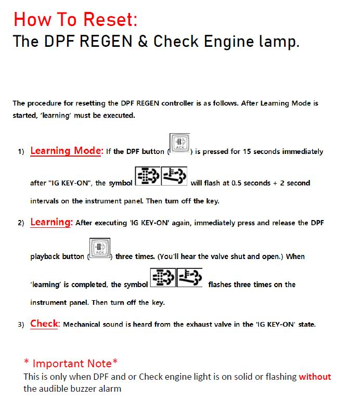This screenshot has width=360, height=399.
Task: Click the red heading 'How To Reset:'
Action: click(75, 19)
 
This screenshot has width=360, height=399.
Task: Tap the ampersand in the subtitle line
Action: click(143, 42)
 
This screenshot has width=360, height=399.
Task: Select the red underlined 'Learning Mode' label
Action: click(66, 151)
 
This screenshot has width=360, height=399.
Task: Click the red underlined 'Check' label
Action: click(45, 324)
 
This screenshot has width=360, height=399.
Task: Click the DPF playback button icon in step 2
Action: click(99, 248)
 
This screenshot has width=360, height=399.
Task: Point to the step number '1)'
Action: click(21, 152)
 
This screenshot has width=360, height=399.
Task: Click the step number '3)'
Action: click(21, 325)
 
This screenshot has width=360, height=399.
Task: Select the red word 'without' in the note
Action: click(315, 377)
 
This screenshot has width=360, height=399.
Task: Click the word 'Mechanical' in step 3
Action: click(82, 325)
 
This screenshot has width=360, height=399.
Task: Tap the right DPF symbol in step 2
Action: click(189, 278)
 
